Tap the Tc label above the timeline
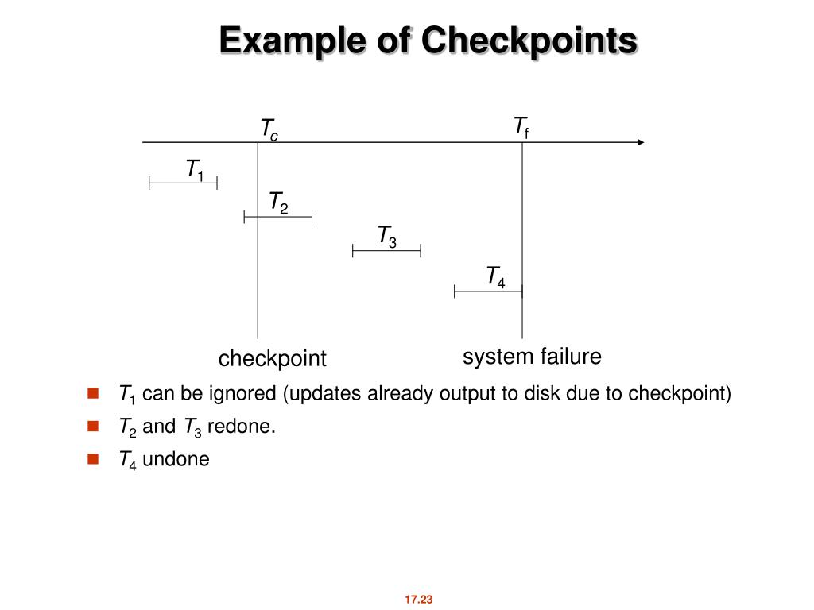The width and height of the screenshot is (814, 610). coord(269,129)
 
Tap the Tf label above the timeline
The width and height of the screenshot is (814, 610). coord(521,127)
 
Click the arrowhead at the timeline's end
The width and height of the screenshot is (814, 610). coord(641,143)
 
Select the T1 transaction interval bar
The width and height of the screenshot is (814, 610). coord(183,183)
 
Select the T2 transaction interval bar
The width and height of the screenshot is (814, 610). coord(278,216)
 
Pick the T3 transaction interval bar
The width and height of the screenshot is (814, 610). coord(386,251)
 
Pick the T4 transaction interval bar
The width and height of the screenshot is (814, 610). coord(488,291)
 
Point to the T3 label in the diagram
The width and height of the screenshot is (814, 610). coord(387,236)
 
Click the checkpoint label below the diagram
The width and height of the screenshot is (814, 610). coord(273,359)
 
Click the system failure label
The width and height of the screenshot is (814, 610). coord(532,357)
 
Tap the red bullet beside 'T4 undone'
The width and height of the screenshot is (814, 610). coord(93,458)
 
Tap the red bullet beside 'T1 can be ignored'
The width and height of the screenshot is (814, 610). coord(93,392)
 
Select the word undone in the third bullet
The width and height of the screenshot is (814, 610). coord(176,459)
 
